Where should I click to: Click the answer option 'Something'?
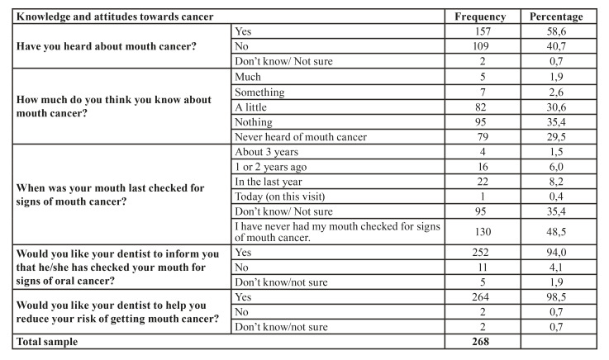(x=261, y=92)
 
